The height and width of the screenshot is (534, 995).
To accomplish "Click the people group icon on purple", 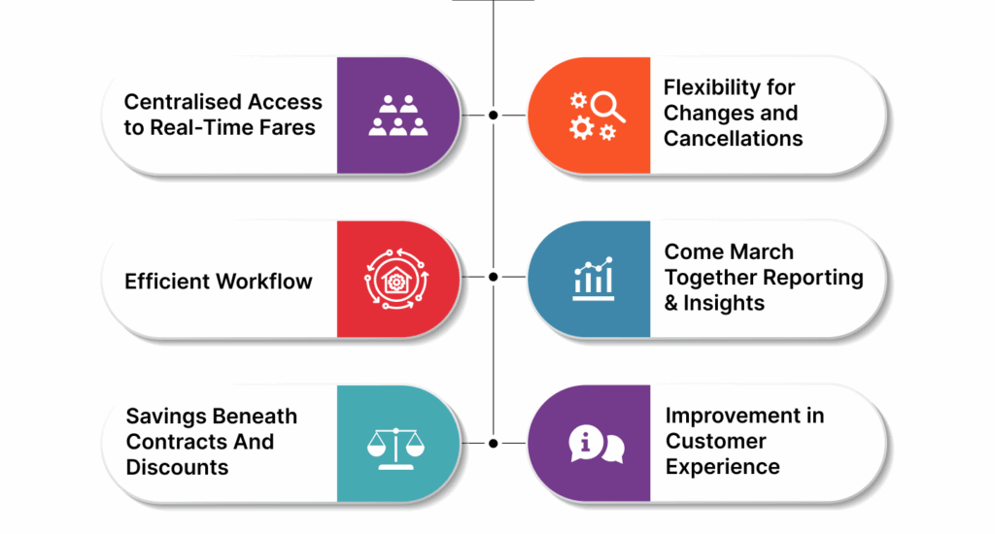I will [x=398, y=115].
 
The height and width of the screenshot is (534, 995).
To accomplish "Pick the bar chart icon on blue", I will [x=593, y=280].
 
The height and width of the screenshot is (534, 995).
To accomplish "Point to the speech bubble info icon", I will [x=595, y=444].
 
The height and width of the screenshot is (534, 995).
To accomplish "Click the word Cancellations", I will [x=734, y=138].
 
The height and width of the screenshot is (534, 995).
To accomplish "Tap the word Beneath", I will [x=254, y=416].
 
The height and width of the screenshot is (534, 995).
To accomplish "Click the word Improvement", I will [x=744, y=416].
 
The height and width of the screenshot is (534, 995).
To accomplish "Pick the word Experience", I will [x=722, y=466].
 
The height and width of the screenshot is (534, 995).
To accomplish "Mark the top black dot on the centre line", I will [x=494, y=115].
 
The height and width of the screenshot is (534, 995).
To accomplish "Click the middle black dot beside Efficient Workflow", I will [x=494, y=277].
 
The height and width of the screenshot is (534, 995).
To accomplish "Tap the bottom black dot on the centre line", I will [x=494, y=443].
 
